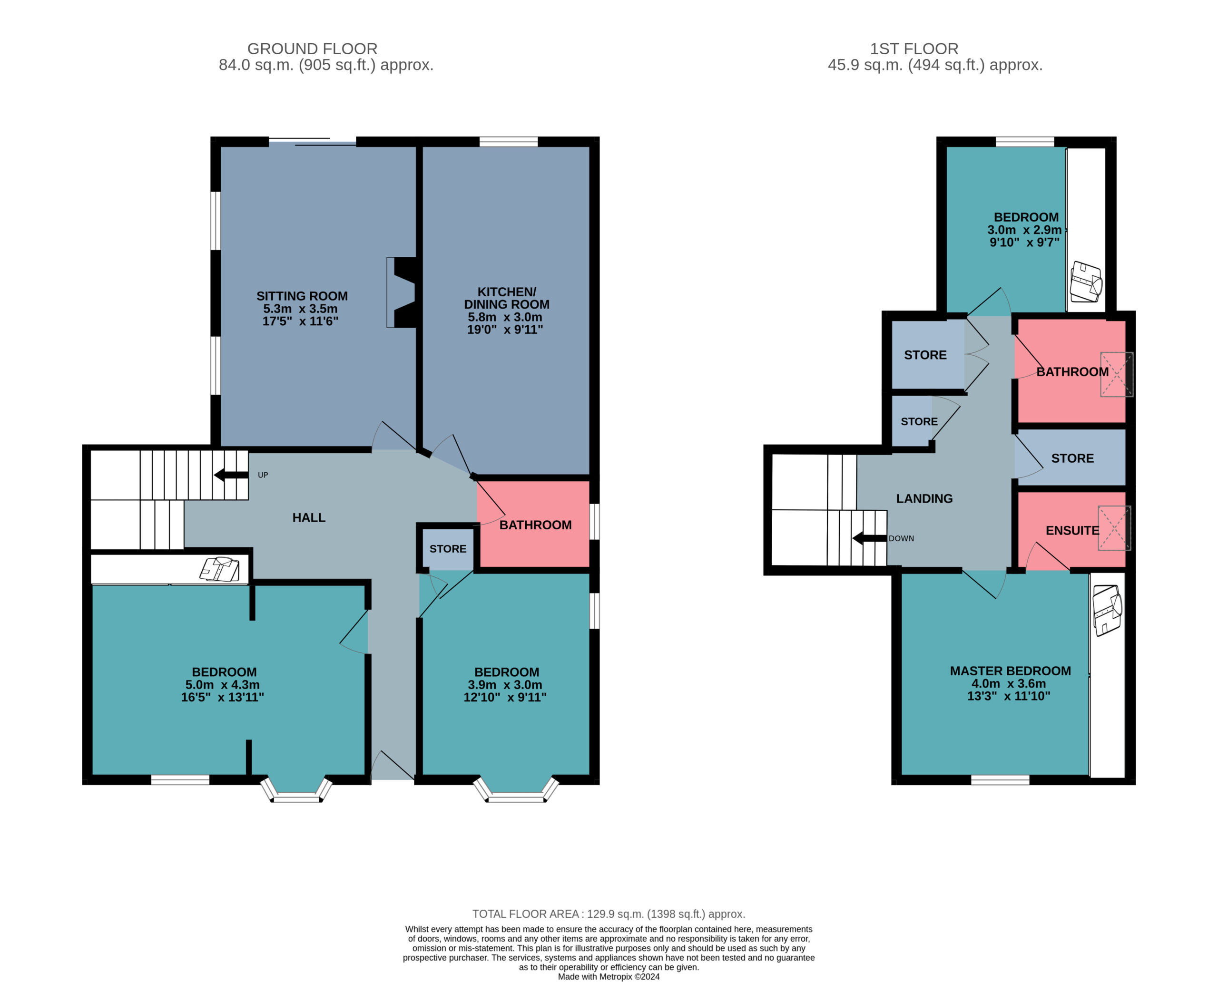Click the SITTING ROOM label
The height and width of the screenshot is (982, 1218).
coord(302,296)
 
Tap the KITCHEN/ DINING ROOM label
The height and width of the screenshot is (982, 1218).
coord(507,298)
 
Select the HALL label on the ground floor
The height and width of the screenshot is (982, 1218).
coord(308,517)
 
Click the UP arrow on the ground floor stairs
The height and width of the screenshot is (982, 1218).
coord(231,475)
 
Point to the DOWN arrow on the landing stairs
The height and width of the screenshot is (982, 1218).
coord(869,538)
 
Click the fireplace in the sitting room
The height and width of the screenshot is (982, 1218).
coord(403,292)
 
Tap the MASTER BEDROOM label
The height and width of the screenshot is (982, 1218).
coord(1010,671)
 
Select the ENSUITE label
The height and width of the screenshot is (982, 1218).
coord(1072,531)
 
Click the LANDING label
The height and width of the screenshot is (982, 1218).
coord(924,498)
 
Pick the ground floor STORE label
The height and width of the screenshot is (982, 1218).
coord(448,549)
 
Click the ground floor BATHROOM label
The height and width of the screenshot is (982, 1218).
coord(535,525)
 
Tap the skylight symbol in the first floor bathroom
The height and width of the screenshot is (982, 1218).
coord(1116,374)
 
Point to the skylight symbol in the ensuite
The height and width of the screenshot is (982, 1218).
coord(1114,528)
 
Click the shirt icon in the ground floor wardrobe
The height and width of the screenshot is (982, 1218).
coord(220,569)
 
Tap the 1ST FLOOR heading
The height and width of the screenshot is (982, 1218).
coord(914,49)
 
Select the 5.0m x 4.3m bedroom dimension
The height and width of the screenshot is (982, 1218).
coord(218,684)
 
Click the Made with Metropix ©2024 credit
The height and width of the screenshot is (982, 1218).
coord(609,977)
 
